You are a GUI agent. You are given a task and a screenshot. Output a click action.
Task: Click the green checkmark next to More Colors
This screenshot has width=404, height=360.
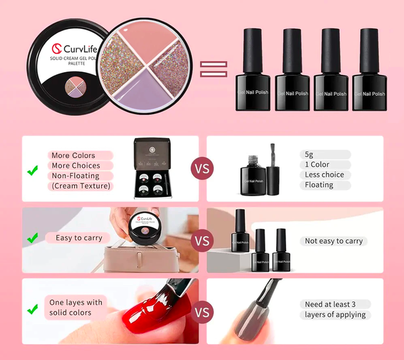coord(32,171)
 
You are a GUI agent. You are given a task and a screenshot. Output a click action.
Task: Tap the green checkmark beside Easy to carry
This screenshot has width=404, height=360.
coord(32,238)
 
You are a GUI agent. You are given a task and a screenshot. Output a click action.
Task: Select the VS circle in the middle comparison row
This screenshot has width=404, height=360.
coord(202,239)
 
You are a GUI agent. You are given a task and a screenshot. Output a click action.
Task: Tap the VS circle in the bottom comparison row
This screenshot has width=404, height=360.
coord(202,312)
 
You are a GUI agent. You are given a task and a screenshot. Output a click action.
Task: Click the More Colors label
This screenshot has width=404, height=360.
coord(73,156)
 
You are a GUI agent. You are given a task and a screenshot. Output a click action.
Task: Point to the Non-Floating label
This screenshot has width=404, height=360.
coord(75,176)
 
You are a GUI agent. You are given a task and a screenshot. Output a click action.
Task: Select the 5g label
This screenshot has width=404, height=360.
coord(308,154)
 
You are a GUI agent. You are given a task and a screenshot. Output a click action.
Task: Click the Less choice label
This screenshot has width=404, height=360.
coord(324,175)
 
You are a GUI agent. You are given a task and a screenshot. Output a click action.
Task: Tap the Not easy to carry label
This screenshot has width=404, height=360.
coord(333,241)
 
